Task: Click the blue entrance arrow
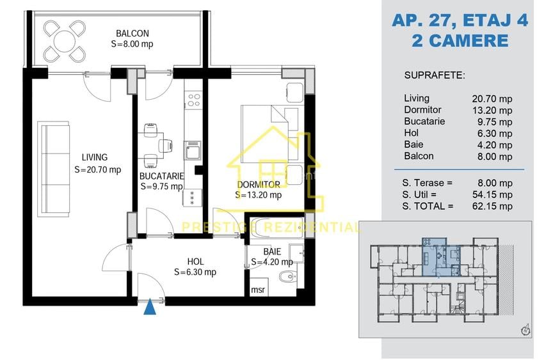(x=150, y=307)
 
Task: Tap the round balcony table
(x=65, y=41)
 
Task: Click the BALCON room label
(x=132, y=34)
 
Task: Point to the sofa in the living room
(x=55, y=169)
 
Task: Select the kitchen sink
(x=192, y=150)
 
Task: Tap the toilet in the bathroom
(x=288, y=276)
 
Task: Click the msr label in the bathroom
(x=258, y=289)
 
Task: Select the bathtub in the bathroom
(x=277, y=228)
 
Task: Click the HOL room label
(x=195, y=262)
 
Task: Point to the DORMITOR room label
(x=259, y=185)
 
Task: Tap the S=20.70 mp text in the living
(x=98, y=170)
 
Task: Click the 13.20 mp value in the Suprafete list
(x=492, y=111)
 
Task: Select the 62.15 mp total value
(x=492, y=207)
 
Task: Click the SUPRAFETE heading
(x=435, y=75)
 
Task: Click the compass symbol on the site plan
(x=526, y=330)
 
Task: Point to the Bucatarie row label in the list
(x=424, y=121)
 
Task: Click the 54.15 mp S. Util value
(x=492, y=195)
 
